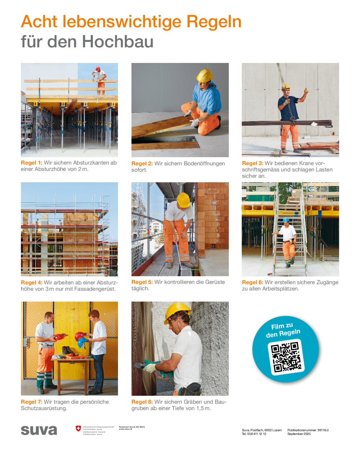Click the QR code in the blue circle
click(286, 357)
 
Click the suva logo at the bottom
click(39, 430)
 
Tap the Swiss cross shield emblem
click(78, 428)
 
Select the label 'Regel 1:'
click(31, 163)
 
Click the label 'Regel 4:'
click(31, 283)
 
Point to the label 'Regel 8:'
click(142, 402)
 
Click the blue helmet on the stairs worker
click(286, 220)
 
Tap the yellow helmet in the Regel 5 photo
click(183, 199)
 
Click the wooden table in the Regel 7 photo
click(72, 360)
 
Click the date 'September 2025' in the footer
click(299, 434)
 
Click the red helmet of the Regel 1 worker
click(98, 68)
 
